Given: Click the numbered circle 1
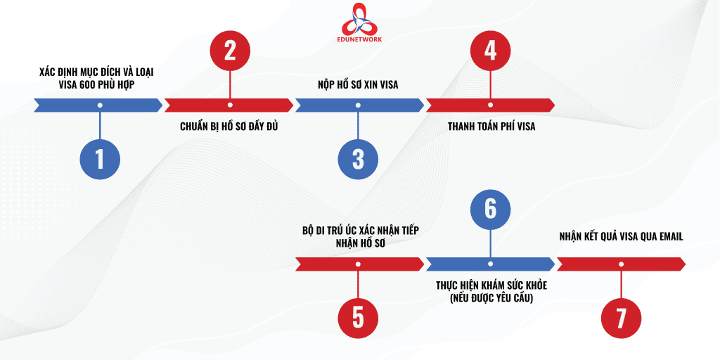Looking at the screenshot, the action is [100, 160].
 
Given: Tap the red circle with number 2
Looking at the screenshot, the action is [230, 51].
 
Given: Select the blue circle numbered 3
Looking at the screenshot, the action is [358, 160].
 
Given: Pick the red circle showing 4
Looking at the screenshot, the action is [490, 51].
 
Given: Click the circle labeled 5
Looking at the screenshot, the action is [358, 319].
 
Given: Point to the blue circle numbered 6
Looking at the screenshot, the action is [490, 210].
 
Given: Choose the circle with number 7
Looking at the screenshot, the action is [621, 319].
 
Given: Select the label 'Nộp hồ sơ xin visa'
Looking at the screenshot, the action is [358, 85].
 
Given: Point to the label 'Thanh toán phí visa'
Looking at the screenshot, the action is [491, 127].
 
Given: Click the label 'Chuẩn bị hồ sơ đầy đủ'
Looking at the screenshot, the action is [229, 127].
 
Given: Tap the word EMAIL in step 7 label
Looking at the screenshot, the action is [669, 237].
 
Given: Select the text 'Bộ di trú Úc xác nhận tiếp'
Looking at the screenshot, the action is [361, 231].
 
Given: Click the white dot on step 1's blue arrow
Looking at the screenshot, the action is [100, 105].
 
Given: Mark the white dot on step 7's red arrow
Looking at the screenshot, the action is [621, 264].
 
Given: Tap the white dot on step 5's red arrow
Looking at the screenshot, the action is [358, 264].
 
